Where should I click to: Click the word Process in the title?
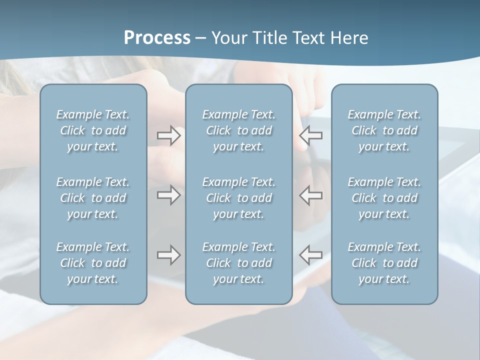157,38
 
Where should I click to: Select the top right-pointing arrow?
169,135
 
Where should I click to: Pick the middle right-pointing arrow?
169,195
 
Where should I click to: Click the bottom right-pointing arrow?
169,255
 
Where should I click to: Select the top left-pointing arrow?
311,134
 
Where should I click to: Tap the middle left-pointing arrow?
311,195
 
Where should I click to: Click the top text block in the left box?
93,130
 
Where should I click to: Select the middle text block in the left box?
93,198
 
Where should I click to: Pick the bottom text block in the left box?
93,263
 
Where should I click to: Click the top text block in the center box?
239,130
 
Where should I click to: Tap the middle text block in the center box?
239,198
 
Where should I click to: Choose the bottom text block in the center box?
239,263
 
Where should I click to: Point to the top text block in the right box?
384,130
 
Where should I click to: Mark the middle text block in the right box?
384,198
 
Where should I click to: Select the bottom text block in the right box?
384,263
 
